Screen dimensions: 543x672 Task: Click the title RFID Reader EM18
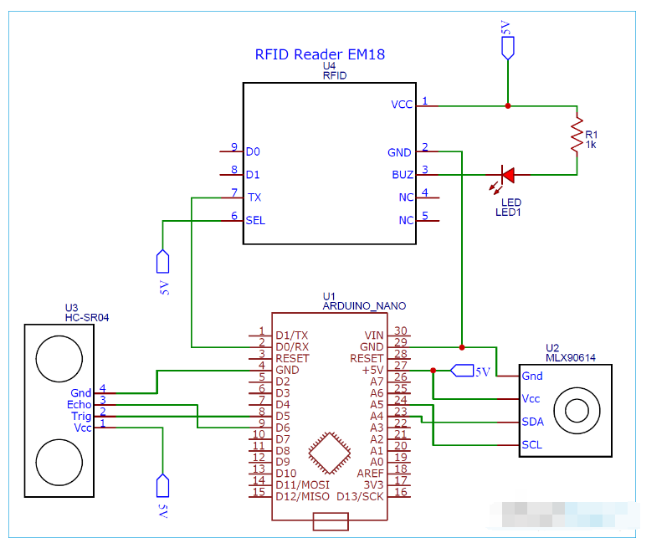click(319, 55)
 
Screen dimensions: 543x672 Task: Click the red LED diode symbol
click(506, 175)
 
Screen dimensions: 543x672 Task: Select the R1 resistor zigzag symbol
click(576, 135)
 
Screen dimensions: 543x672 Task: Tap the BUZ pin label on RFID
click(402, 175)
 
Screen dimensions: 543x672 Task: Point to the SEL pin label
click(255, 221)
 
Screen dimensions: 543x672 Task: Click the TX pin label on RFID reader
click(254, 197)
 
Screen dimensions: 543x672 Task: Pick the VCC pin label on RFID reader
click(402, 105)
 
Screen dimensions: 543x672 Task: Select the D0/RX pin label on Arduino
click(292, 346)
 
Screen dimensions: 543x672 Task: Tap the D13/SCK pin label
click(361, 495)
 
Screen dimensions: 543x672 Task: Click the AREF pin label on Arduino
click(370, 473)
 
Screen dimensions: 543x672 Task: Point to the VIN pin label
click(373, 334)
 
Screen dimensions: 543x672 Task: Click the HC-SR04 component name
click(87, 318)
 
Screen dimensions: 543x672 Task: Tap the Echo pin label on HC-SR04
click(80, 404)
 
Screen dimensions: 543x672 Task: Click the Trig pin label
click(81, 416)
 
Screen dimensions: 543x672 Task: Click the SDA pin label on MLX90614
click(531, 422)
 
